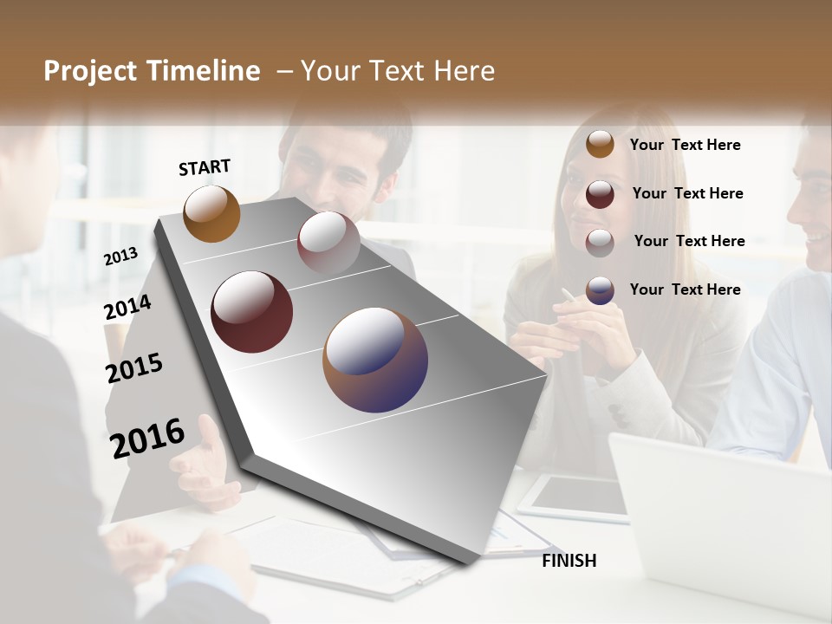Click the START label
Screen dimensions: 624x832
coord(205,167)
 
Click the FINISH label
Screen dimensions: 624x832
coord(569,561)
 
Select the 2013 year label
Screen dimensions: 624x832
coord(120,257)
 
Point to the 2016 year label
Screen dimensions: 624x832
coord(147,438)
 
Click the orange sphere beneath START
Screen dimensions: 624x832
coord(211,213)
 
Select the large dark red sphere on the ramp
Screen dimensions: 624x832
coord(251,312)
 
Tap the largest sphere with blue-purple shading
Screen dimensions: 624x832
coord(375,360)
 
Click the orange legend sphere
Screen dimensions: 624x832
coord(600,145)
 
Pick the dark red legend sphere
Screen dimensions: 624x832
coord(600,193)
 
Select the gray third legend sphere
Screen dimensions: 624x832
coord(600,243)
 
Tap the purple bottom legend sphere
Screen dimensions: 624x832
coord(600,290)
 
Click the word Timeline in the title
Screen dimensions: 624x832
coord(204,71)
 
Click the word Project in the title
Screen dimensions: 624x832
coord(89,71)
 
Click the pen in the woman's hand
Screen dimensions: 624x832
coord(569,296)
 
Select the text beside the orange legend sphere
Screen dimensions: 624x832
coord(685,145)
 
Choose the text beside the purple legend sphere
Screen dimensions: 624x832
coord(685,289)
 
